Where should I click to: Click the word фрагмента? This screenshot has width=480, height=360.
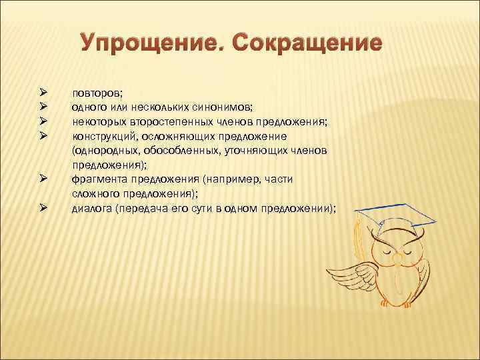(97, 179)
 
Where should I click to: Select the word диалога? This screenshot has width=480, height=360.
(91, 209)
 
